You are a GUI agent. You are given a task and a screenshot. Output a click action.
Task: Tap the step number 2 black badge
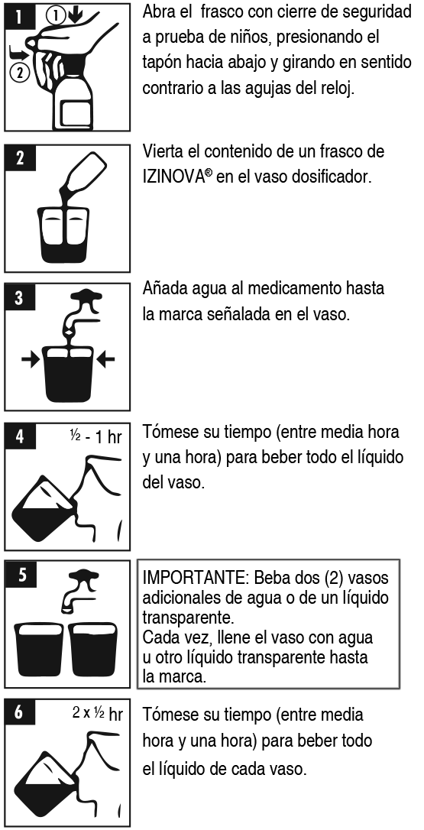(20, 157)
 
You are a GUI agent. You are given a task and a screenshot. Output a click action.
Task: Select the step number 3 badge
(20, 297)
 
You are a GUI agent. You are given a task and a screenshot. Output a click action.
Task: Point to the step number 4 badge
(20, 436)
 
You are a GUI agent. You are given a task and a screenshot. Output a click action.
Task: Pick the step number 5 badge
(21, 575)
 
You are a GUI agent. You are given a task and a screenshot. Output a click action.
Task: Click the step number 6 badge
(20, 712)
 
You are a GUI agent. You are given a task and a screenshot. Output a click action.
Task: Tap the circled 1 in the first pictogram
(55, 16)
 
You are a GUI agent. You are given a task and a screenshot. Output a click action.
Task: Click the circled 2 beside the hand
(20, 73)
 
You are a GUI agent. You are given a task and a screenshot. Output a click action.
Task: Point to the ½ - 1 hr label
(95, 436)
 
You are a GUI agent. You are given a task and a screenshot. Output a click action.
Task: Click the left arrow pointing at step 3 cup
(31, 360)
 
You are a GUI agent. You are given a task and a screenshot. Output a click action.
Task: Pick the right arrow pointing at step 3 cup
(106, 360)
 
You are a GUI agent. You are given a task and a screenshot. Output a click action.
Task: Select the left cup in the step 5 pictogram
(40, 648)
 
